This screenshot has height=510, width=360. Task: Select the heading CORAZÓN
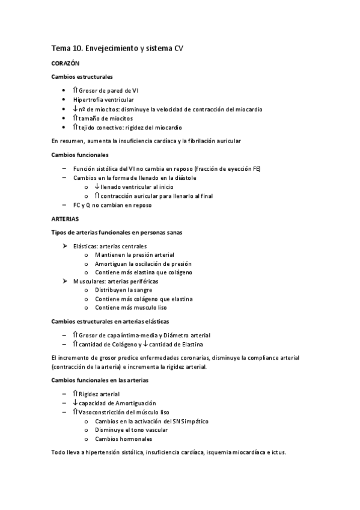(66, 63)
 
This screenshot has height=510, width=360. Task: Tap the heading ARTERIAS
(66, 219)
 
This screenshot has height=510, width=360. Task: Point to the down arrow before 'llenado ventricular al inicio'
(97, 187)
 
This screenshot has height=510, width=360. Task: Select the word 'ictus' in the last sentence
(279, 453)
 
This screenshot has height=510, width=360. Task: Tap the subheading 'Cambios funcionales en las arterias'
(100, 380)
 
